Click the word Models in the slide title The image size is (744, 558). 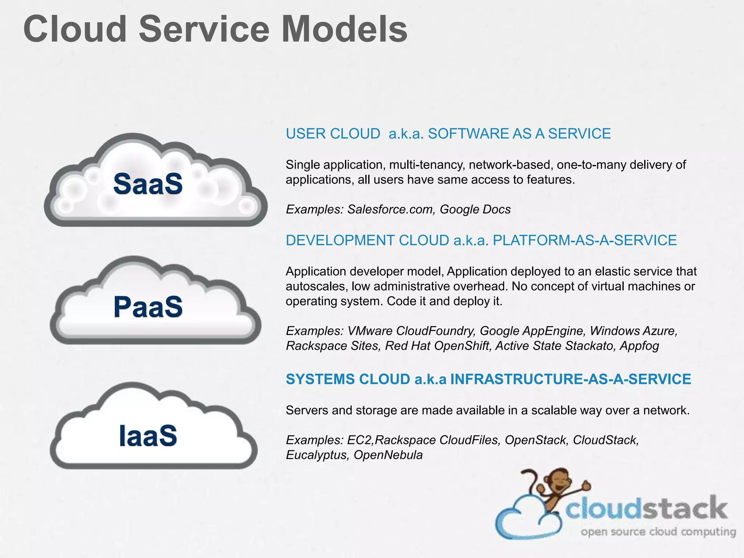click(344, 29)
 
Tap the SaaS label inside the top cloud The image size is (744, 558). click(148, 184)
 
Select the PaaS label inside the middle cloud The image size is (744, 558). click(148, 307)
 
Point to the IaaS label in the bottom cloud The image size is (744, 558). click(148, 435)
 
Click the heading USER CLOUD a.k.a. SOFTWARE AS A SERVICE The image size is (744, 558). click(448, 134)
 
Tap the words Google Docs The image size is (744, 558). click(475, 210)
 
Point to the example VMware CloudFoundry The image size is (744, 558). click(411, 331)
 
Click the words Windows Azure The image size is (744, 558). click(633, 331)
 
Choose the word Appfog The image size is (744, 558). click(639, 346)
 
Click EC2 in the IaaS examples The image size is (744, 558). click(360, 440)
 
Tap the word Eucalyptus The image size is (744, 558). click(316, 455)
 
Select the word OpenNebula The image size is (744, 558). click(388, 455)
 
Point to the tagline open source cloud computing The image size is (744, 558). click(658, 532)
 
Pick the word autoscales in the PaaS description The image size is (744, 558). click(317, 287)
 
